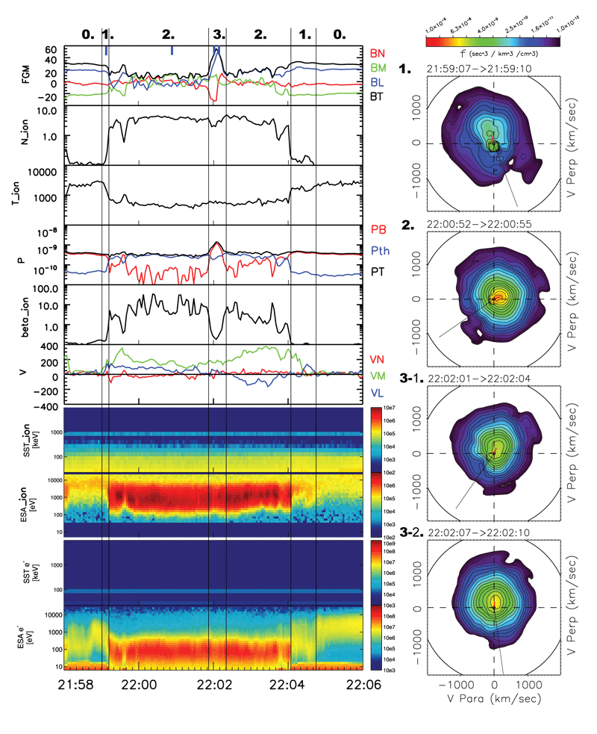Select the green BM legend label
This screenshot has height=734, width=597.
[378, 67]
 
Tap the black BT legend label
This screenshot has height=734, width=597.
[378, 95]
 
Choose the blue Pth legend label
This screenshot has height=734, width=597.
[380, 253]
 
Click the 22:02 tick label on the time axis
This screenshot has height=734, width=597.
[213, 682]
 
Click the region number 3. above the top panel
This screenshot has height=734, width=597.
[218, 34]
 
